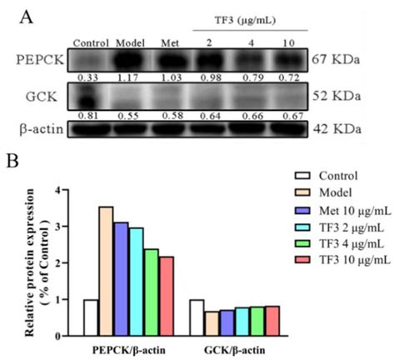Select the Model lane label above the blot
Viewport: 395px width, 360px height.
pyautogui.click(x=130, y=42)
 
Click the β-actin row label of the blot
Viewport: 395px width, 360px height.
pyautogui.click(x=37, y=130)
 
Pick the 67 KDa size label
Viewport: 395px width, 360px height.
pyautogui.click(x=342, y=60)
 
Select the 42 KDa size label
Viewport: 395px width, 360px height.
pyautogui.click(x=342, y=130)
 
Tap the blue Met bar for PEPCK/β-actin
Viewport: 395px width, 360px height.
pyautogui.click(x=122, y=277)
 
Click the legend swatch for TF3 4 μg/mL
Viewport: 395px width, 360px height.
pyautogui.click(x=304, y=246)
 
